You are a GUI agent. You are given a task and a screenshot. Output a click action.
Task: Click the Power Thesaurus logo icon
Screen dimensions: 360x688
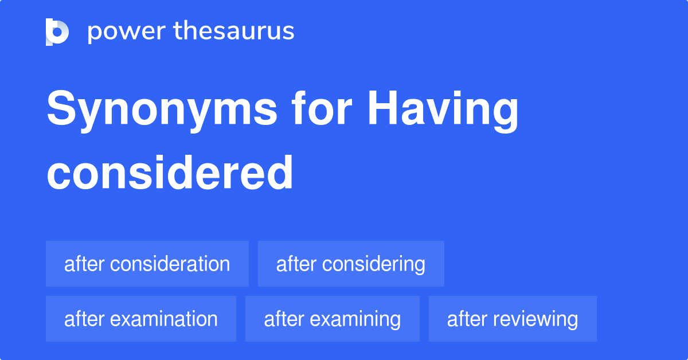coord(57,32)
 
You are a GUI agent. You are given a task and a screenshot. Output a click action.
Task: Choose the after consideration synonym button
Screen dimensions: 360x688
coord(147,264)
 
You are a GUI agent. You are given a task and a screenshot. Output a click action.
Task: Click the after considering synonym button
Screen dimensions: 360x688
coord(351,264)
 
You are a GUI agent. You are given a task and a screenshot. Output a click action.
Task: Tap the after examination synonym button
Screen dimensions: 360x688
coord(140,319)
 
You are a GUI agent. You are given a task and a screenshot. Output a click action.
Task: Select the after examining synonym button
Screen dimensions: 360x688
coord(332,319)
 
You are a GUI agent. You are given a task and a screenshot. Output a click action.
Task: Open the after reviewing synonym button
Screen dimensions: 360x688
coord(513,319)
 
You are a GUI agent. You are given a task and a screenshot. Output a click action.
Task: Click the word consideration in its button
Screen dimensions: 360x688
coord(170,264)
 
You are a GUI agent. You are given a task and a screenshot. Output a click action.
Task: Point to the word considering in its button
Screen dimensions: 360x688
coord(374,264)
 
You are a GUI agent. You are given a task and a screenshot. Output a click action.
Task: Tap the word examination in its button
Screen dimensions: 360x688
coord(164,319)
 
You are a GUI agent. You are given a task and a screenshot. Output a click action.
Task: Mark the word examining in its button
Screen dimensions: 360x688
coord(355,319)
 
